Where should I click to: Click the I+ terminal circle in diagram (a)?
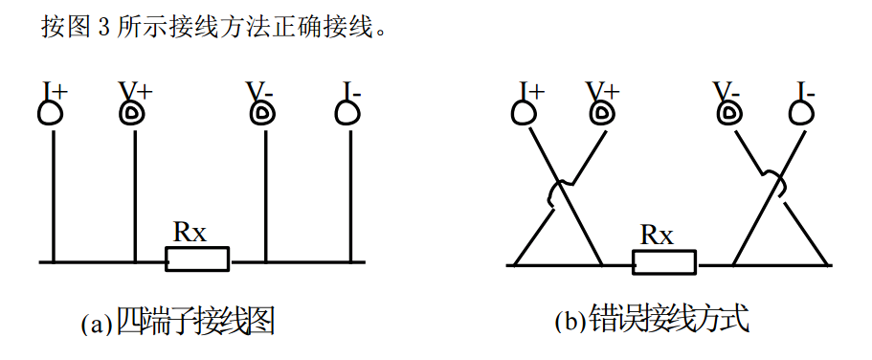[x=50, y=115]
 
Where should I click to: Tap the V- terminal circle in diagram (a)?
[x=261, y=115]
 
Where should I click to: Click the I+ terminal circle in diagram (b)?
[x=524, y=115]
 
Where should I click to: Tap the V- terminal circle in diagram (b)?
[x=729, y=115]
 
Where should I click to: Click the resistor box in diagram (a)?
[x=198, y=259]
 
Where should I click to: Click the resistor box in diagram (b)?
[x=664, y=260]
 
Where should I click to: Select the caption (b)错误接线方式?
[x=650, y=321]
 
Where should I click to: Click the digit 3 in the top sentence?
[x=104, y=27]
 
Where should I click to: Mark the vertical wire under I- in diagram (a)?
[x=349, y=191]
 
